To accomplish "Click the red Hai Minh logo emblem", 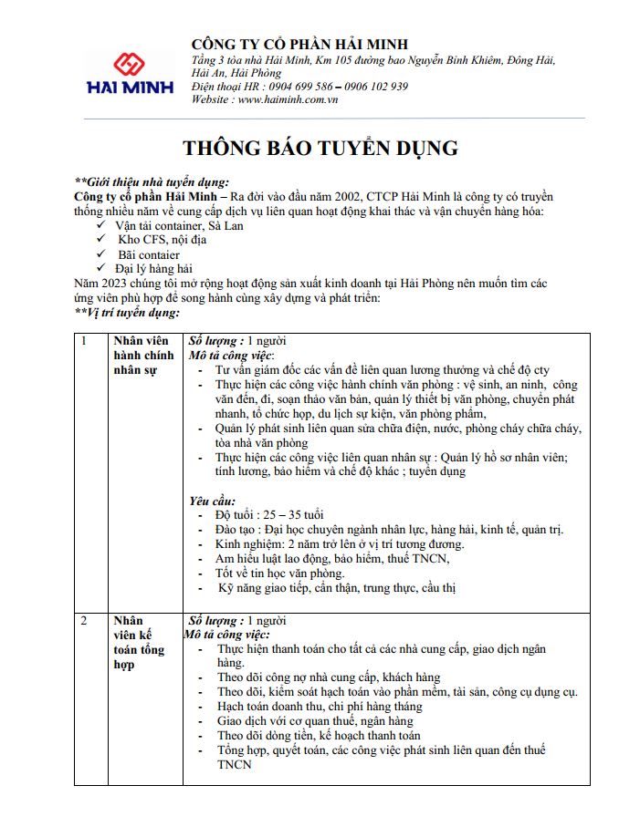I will [124, 64].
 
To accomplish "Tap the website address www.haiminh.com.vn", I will [289, 99].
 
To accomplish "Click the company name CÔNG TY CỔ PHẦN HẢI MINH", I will [299, 45].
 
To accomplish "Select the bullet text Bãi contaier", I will [149, 254].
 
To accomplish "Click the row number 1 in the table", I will [84, 341].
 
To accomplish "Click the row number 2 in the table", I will [84, 621].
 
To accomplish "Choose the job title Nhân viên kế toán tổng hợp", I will [139, 643].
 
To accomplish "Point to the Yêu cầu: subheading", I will [212, 501].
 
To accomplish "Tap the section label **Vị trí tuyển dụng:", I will [127, 313].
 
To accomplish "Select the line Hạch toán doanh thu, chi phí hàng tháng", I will [320, 707].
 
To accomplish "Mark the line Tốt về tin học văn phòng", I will [280, 574].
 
